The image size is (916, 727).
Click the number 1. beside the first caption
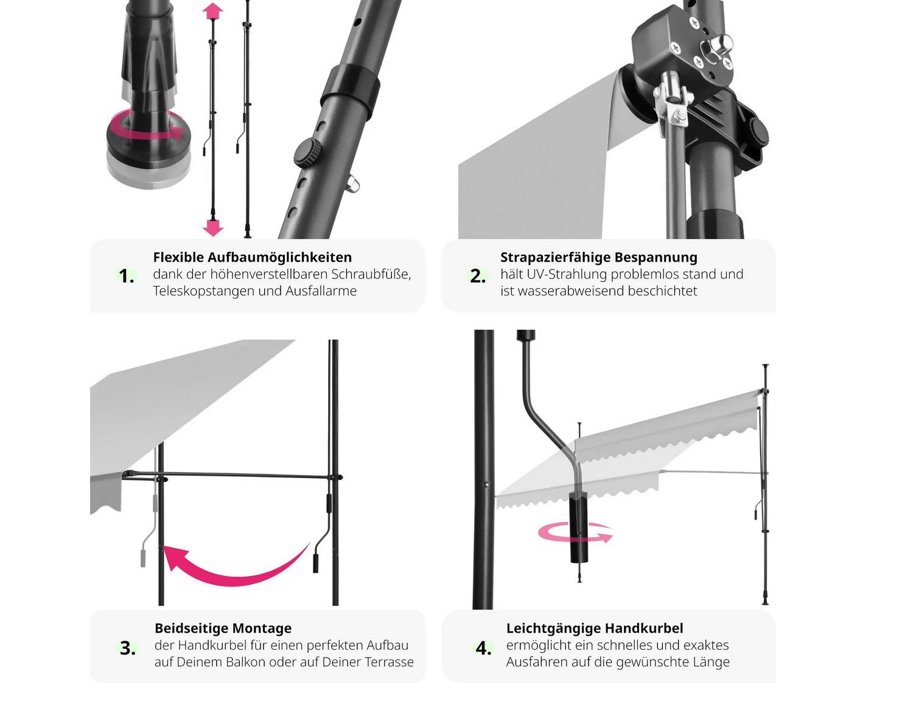pos(127,276)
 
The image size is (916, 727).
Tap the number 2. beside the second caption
pos(478,276)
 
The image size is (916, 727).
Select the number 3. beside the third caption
pos(128,649)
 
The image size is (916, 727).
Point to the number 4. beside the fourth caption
pos(483,649)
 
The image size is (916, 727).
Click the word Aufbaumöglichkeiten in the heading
pos(279,257)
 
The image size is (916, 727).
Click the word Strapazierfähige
pos(555,257)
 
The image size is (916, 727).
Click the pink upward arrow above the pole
pos(213,12)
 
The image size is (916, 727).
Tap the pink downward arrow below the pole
pos(213,228)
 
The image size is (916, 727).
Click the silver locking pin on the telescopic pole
pos(353,184)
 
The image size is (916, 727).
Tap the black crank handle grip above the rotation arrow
pos(578,527)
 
